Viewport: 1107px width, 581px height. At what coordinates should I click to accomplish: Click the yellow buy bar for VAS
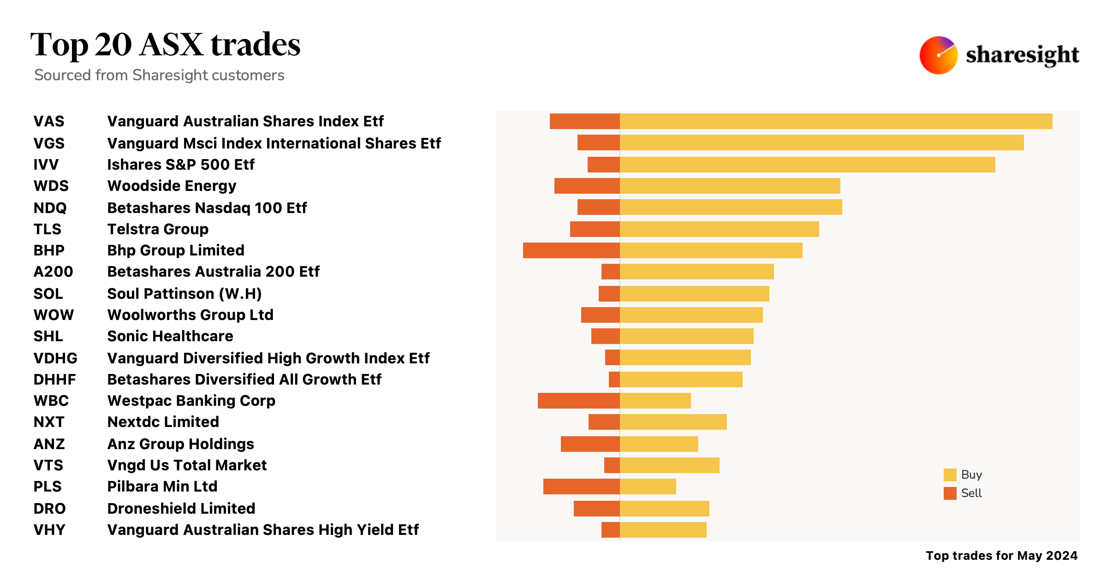(x=836, y=121)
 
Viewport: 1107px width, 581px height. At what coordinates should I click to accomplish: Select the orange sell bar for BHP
(x=571, y=250)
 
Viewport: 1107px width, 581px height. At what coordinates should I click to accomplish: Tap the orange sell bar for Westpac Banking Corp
(x=578, y=401)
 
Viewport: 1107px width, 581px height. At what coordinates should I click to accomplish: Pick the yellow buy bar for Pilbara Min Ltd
(x=648, y=486)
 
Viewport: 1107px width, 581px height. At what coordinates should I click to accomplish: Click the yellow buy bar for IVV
(x=807, y=165)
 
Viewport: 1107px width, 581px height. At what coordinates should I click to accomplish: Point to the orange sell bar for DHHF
(x=614, y=379)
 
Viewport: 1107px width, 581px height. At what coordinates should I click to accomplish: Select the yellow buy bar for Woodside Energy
(x=730, y=186)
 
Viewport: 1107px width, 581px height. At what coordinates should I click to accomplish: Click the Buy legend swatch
(x=950, y=475)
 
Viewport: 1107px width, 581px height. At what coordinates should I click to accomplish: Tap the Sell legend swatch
(x=950, y=493)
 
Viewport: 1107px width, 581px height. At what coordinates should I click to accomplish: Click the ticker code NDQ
(x=50, y=208)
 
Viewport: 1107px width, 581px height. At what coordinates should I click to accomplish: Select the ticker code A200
(x=53, y=272)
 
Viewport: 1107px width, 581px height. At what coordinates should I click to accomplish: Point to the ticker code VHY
(x=49, y=530)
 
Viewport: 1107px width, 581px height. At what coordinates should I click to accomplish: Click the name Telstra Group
(x=158, y=229)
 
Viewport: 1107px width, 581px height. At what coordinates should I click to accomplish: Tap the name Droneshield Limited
(x=181, y=509)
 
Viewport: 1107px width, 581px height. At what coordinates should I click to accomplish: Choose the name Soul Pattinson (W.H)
(x=184, y=294)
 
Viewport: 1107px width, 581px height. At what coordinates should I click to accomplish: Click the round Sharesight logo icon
(x=938, y=55)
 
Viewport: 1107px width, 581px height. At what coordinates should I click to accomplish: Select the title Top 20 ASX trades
(x=165, y=45)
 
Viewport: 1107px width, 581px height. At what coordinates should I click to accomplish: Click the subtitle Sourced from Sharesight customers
(x=159, y=75)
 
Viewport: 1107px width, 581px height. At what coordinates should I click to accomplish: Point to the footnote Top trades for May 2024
(x=1001, y=556)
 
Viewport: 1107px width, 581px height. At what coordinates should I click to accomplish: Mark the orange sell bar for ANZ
(x=590, y=444)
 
